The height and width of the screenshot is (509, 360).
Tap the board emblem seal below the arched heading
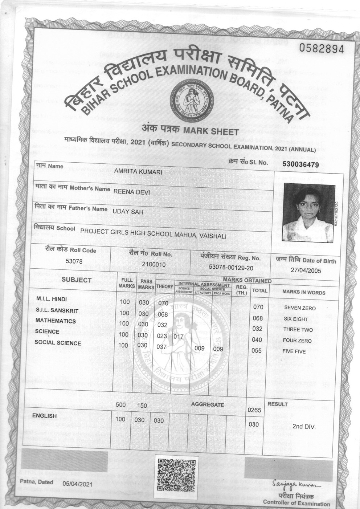coord(187,98)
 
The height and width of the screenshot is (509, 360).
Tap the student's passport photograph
coord(308,212)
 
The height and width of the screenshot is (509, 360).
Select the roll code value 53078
coord(74,261)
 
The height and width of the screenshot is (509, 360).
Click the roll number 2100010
coord(154,264)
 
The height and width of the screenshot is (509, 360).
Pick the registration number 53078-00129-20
coord(231,267)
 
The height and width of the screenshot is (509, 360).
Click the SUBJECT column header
coord(76,280)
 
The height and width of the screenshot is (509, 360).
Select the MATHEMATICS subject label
coord(56,321)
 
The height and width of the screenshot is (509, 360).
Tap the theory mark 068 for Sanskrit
coord(163,314)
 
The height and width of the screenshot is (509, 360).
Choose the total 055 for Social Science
coord(257,351)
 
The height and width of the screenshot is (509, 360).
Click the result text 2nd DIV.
coord(304,427)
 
